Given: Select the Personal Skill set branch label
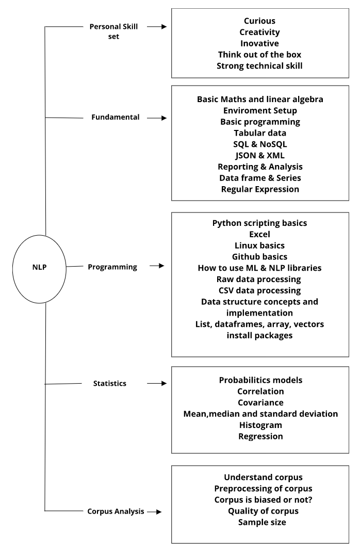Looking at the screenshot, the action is tap(113, 31).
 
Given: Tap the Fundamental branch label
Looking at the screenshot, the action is tap(115, 117).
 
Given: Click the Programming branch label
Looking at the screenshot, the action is tap(112, 267).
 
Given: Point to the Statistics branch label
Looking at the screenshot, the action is tap(109, 383).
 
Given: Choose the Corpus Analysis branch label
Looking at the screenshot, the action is tap(116, 511).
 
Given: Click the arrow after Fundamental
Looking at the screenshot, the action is tap(157, 118).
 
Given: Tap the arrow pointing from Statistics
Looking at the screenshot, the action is tap(157, 383).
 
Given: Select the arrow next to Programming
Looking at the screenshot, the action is tap(157, 266).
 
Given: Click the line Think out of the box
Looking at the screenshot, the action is tap(259, 55).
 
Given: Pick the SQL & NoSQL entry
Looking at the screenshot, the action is tap(260, 144).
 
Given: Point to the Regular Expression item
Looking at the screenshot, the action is tap(260, 189).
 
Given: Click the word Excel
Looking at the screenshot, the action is tap(259, 234).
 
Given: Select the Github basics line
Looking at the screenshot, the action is tap(259, 257).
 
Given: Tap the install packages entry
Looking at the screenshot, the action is tap(259, 336).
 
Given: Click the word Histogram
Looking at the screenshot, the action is tap(260, 425).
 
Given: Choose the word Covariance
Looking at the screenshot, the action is tap(260, 403).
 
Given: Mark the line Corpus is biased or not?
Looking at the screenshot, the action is tap(263, 500).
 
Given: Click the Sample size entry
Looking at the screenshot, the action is tap(262, 522).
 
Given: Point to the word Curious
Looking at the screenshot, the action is tap(259, 21).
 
